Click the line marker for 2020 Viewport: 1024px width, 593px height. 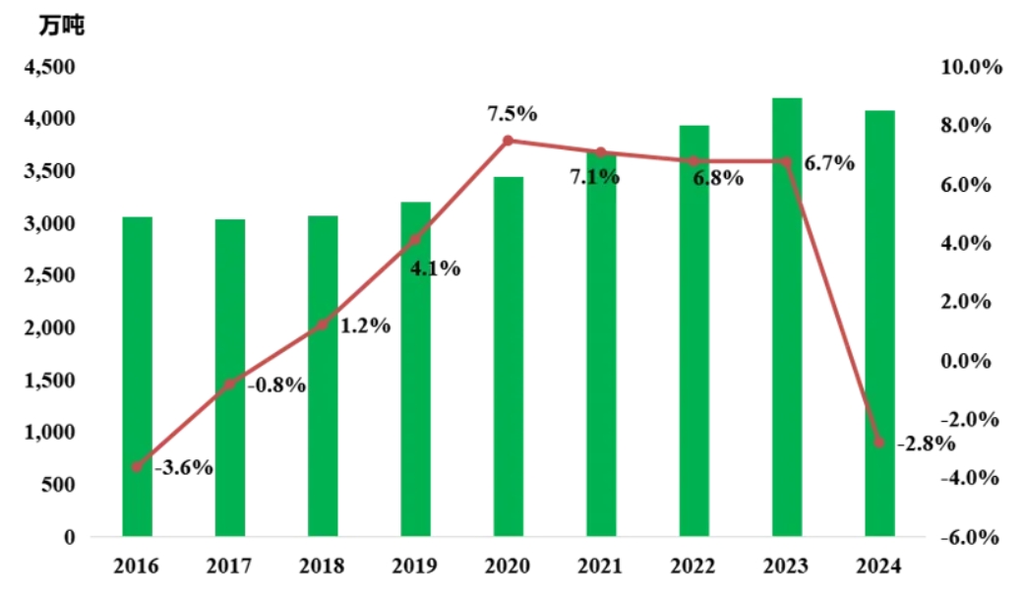tap(509, 141)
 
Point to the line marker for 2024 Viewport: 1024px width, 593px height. tap(879, 443)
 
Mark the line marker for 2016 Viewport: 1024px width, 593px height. tap(137, 466)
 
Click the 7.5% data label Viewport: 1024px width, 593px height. tap(512, 113)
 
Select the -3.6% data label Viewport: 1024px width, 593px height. tap(184, 467)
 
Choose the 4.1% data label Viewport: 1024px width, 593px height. tap(433, 267)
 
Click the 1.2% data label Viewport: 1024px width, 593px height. tap(365, 326)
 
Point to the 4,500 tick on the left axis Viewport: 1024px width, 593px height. tap(47, 67)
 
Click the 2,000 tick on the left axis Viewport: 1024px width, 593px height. tap(47, 327)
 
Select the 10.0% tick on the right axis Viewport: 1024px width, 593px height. tap(971, 67)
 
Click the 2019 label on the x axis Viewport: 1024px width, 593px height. tap(415, 565)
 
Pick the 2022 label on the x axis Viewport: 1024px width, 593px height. tap(693, 565)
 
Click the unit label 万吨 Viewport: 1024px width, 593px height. tap(62, 27)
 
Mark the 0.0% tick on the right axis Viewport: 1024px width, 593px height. tap(971, 361)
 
